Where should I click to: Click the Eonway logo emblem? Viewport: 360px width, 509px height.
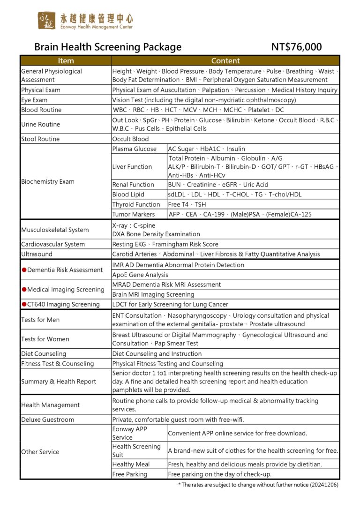(46, 21)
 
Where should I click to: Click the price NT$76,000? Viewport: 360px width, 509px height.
(296, 47)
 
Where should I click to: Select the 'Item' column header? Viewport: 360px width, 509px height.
(66, 61)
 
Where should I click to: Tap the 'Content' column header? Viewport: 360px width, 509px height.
(225, 61)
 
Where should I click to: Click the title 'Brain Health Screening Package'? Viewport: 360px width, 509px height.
(108, 47)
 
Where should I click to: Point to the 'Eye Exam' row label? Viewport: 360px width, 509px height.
(34, 100)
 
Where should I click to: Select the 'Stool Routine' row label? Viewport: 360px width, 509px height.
(41, 139)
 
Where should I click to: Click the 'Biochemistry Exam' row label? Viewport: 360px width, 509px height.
(48, 181)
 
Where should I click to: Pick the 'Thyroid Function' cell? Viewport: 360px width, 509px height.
(136, 204)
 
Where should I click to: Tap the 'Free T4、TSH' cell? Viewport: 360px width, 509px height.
(187, 204)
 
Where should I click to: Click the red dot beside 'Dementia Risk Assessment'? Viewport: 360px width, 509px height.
(23, 270)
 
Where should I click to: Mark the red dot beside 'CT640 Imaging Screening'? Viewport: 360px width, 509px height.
(23, 304)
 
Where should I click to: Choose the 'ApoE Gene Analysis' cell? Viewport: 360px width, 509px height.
(140, 275)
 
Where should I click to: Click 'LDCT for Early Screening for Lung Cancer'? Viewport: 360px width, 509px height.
(170, 304)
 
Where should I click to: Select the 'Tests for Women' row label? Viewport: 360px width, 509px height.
(45, 339)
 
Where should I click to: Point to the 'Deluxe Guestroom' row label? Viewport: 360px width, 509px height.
(47, 419)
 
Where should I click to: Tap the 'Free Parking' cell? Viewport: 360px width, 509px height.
(129, 474)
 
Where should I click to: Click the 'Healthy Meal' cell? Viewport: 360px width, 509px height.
(131, 464)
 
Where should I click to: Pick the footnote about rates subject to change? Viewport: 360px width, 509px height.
(258, 485)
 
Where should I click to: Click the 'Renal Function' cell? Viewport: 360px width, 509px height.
(133, 185)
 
